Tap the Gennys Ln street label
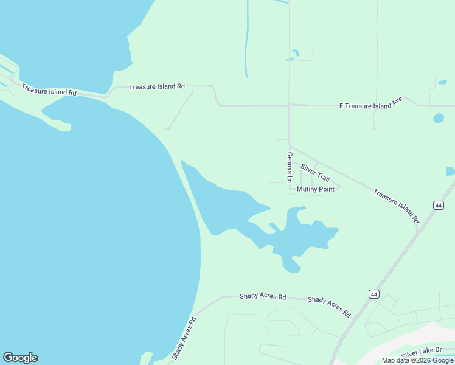tap(290, 167)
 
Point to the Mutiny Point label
tap(315, 189)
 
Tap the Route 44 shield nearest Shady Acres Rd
tap(373, 294)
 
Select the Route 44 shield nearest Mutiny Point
tap(438, 206)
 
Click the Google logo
tap(20, 358)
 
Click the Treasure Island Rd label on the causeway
tap(49, 89)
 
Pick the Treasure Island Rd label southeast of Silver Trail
tap(397, 206)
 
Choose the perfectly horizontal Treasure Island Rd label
tap(156, 87)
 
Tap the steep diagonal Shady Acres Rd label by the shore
tap(184, 338)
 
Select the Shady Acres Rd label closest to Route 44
tap(329, 307)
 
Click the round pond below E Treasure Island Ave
tap(439, 118)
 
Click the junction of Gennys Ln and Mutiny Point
tap(290, 189)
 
